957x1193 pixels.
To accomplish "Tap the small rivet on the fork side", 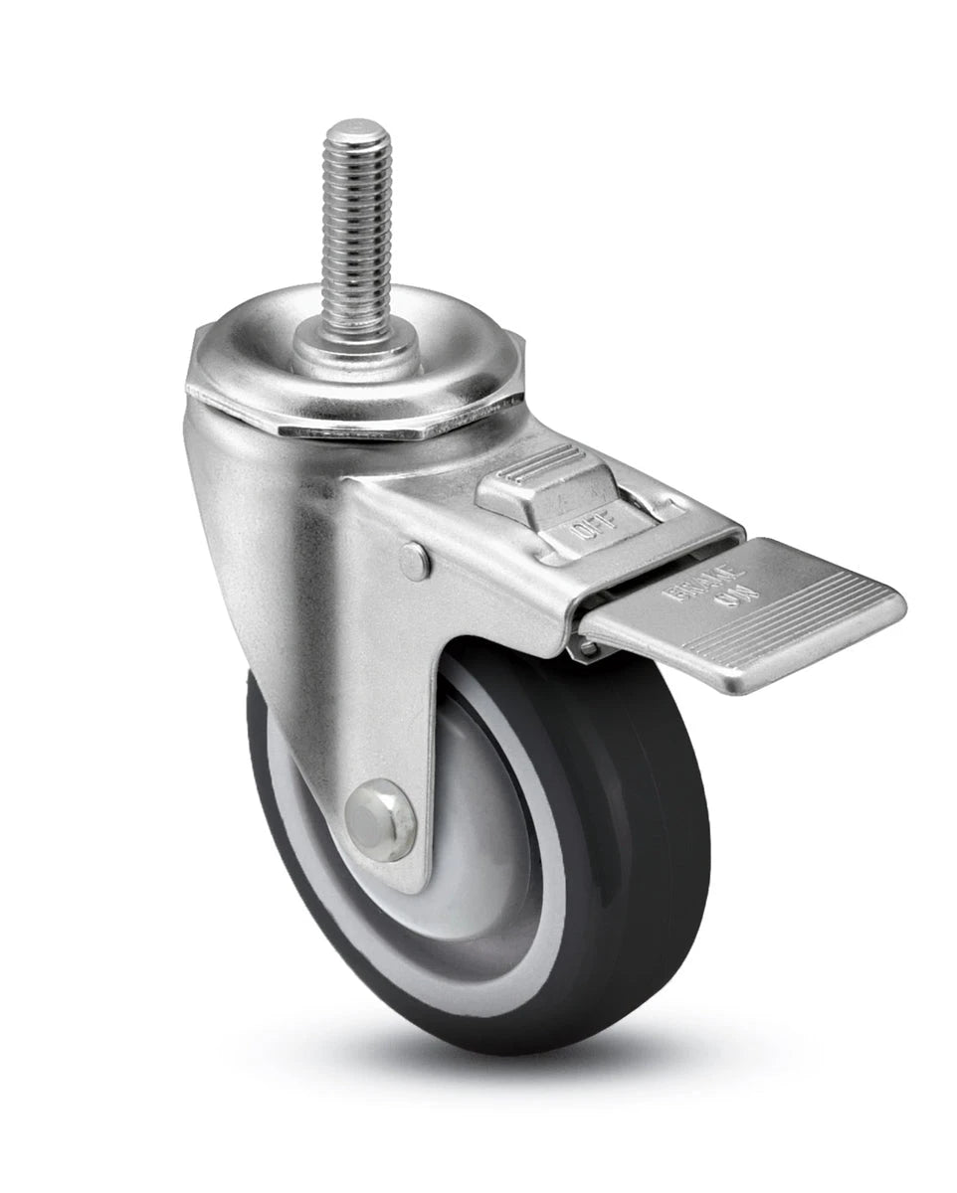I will pos(415,562).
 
